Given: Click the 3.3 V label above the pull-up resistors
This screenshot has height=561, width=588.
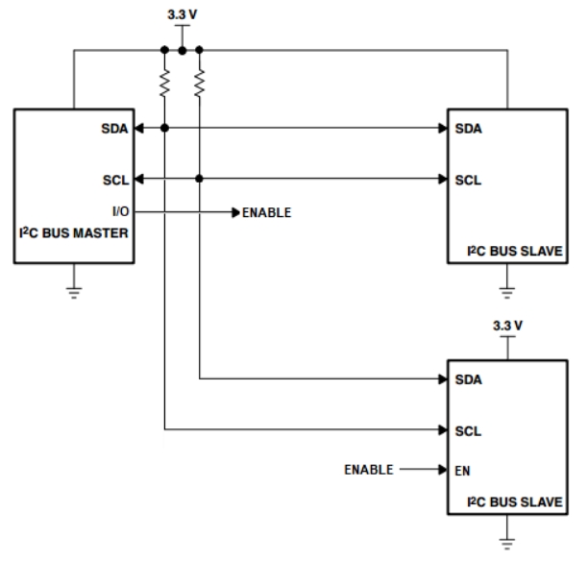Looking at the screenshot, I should [183, 15].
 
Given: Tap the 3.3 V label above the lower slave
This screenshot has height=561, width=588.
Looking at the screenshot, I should [506, 325].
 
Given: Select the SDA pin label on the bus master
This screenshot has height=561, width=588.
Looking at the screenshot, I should [114, 128].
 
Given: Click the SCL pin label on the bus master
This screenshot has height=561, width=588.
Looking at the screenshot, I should [114, 179].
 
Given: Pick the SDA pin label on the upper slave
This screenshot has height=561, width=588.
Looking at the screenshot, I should [468, 128].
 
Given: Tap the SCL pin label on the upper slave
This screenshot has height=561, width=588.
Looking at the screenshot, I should [468, 179].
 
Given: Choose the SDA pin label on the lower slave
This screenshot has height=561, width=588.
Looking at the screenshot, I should [468, 378].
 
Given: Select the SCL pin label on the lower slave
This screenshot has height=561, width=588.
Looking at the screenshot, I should [468, 428].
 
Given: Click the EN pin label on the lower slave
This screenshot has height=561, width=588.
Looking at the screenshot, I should [464, 471].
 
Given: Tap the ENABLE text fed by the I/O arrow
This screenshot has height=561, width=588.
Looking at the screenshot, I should [266, 211].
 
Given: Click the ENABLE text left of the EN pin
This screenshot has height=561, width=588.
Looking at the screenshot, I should [369, 471].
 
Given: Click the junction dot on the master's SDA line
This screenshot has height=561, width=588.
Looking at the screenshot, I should [165, 128].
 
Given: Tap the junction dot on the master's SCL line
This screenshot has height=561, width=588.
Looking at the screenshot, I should [199, 179].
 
